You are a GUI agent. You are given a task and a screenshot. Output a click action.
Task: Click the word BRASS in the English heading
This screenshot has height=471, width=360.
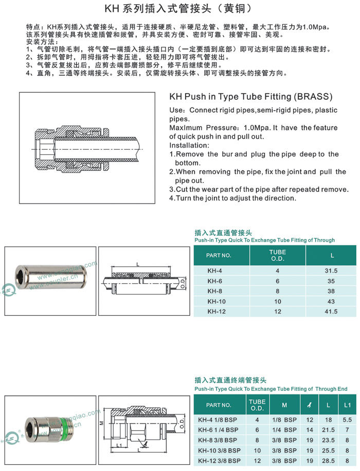[313, 97]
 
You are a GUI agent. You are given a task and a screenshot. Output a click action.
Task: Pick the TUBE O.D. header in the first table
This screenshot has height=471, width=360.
[278, 255]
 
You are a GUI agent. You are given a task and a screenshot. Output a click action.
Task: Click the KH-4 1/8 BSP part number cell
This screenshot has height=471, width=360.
[218, 420]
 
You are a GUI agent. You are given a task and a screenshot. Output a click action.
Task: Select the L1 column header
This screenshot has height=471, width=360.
[348, 405]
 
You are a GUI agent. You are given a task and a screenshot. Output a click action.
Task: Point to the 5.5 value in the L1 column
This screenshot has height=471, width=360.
[348, 420]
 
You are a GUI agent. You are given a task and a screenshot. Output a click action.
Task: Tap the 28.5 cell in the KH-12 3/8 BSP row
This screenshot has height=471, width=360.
[328, 460]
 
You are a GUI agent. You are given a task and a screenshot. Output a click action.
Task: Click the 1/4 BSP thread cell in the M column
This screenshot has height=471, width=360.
[284, 429]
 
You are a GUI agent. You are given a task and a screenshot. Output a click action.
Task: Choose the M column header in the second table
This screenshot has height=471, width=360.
[284, 405]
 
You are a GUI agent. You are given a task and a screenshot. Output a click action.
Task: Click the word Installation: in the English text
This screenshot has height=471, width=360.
[189, 146]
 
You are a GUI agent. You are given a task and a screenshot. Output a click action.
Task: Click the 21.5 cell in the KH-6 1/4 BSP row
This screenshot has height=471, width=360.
[328, 429]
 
